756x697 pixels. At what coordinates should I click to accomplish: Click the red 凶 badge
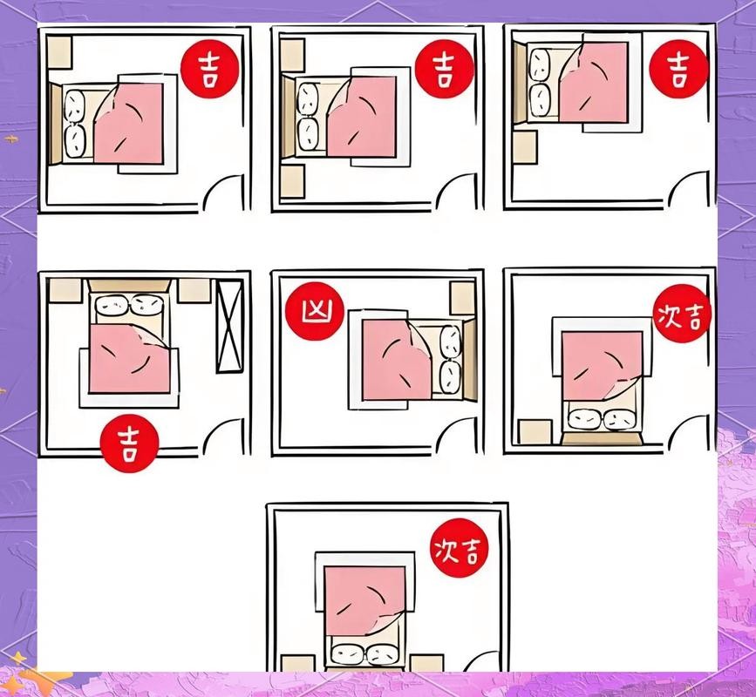click(315, 311)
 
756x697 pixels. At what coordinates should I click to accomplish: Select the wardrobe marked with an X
click(229, 327)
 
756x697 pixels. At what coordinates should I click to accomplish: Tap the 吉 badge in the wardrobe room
click(129, 443)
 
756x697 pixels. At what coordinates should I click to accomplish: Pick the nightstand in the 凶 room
click(462, 298)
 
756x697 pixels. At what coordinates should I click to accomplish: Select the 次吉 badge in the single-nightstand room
click(682, 314)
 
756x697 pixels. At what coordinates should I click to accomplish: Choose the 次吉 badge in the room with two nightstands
click(459, 548)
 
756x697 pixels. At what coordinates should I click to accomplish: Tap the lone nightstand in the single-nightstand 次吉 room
click(535, 431)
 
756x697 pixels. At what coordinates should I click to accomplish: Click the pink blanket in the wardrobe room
click(130, 358)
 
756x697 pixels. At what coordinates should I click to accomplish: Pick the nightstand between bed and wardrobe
click(194, 290)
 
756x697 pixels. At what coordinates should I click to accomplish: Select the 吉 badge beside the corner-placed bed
click(679, 69)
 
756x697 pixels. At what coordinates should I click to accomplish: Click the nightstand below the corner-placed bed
click(525, 147)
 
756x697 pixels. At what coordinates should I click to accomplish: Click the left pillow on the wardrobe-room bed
click(112, 304)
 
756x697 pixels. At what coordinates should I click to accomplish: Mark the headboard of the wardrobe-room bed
click(129, 285)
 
